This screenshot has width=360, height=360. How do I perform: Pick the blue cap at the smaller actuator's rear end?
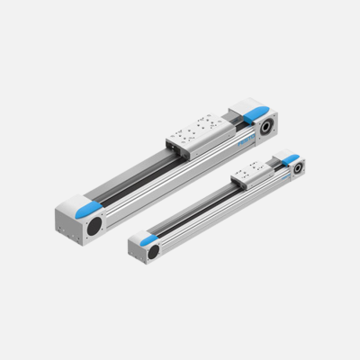tap(290, 160)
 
